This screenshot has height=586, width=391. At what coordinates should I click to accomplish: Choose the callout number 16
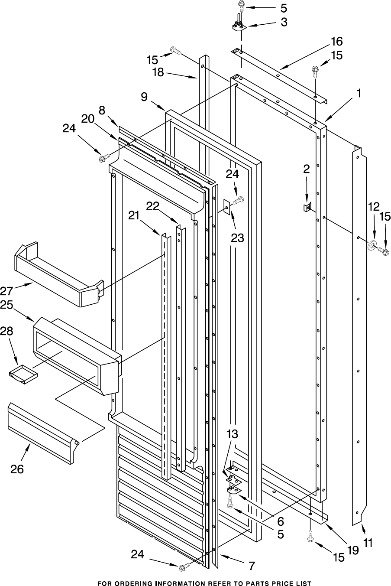click(336, 42)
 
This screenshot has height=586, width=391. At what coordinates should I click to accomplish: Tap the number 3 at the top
click(284, 22)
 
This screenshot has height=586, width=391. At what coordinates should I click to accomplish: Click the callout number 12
click(373, 206)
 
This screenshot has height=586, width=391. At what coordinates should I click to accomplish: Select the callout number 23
click(237, 237)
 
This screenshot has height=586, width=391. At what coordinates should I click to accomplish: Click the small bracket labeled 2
click(307, 208)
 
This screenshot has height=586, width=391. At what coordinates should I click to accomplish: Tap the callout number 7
click(252, 566)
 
